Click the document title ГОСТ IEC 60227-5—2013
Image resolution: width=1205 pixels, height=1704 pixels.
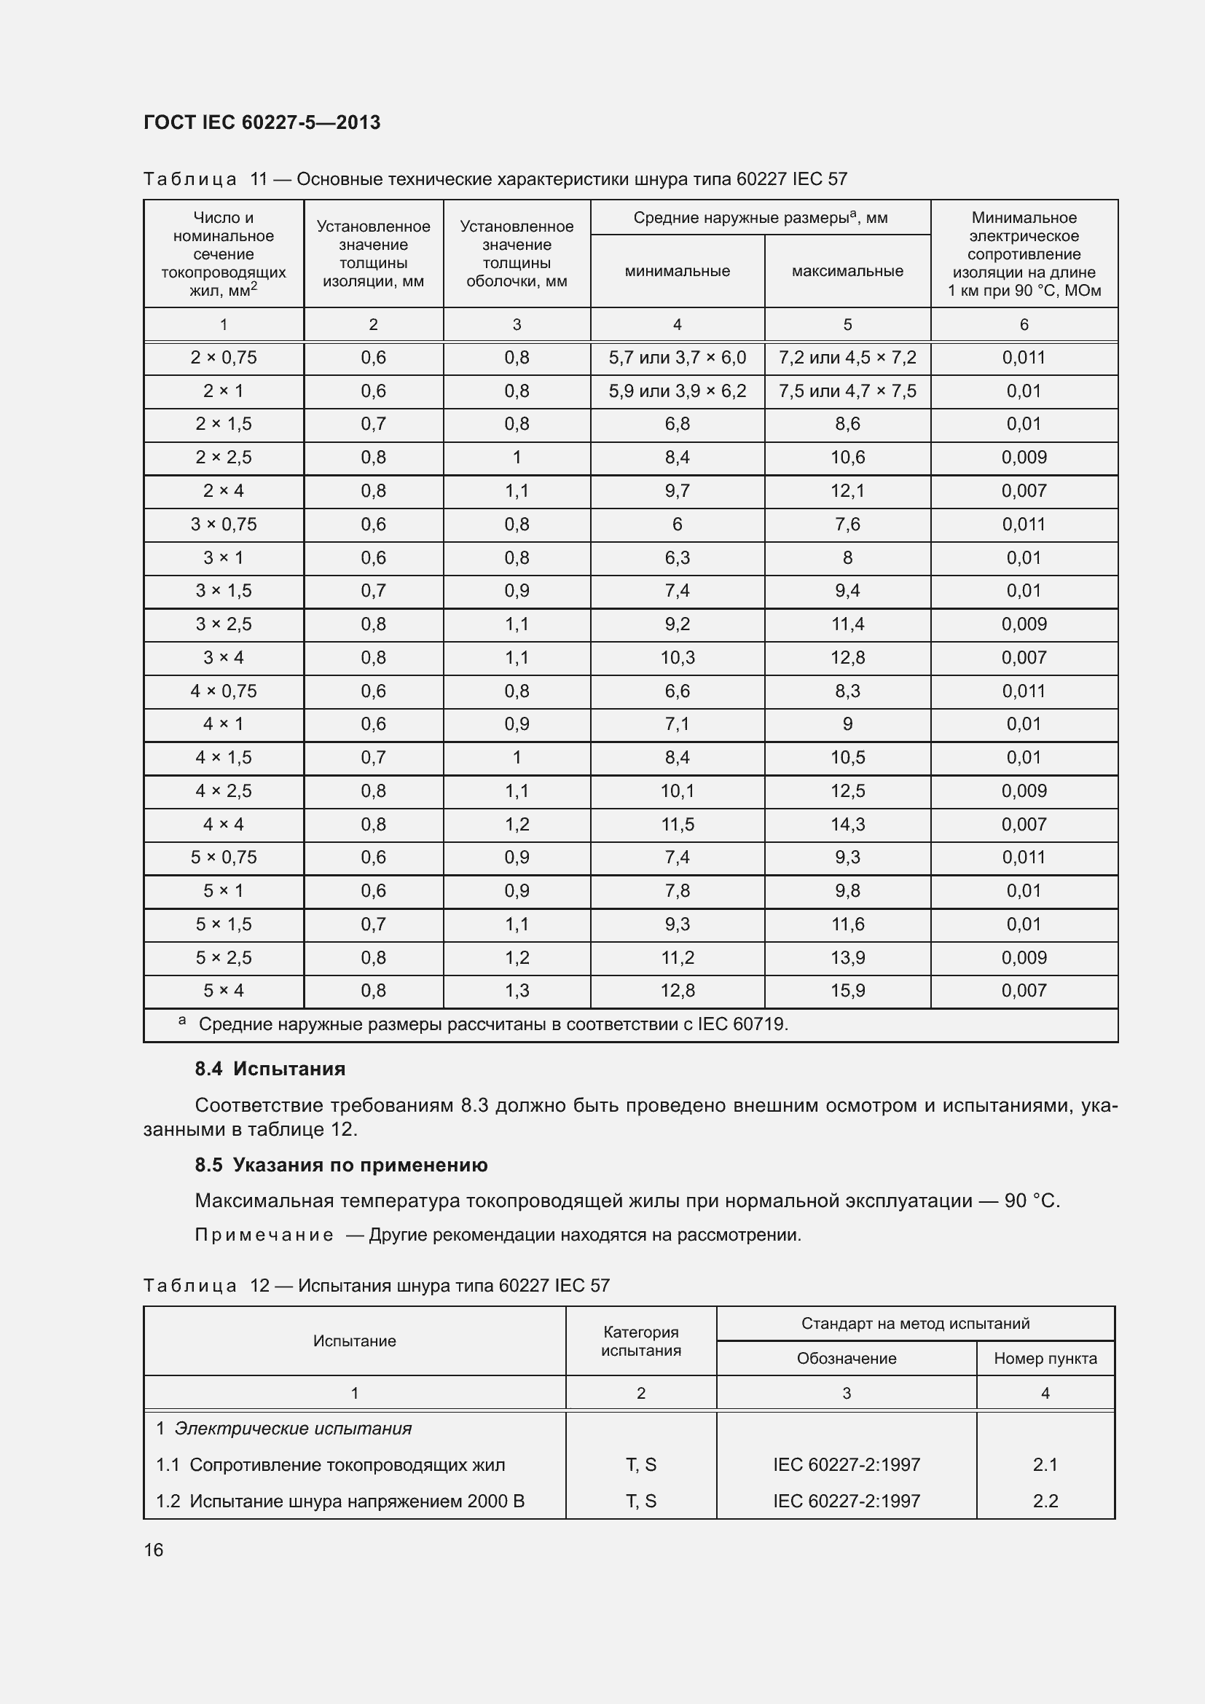pyautogui.click(x=262, y=122)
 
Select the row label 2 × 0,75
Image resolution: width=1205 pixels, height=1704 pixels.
pyautogui.click(x=224, y=358)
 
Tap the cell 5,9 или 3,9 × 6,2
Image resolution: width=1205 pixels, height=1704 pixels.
pyautogui.click(x=677, y=391)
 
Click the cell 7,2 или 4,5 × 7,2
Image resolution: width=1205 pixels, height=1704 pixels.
pyautogui.click(x=847, y=358)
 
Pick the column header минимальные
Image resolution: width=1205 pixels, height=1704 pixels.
pyautogui.click(x=677, y=271)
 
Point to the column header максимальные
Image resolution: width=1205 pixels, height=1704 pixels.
pyautogui.click(x=847, y=271)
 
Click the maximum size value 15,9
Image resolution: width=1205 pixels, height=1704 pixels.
pyautogui.click(x=847, y=990)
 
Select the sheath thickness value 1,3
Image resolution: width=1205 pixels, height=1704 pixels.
pyautogui.click(x=517, y=990)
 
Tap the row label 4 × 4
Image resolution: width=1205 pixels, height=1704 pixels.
pyautogui.click(x=224, y=824)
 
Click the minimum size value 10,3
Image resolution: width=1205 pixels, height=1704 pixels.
pyautogui.click(x=677, y=658)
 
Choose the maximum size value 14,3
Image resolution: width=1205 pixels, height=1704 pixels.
pyautogui.click(x=847, y=824)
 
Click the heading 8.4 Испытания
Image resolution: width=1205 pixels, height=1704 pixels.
pyautogui.click(x=270, y=1069)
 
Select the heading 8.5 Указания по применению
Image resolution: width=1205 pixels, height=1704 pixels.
pyautogui.click(x=341, y=1164)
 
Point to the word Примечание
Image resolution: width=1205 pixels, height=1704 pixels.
pyautogui.click(x=264, y=1234)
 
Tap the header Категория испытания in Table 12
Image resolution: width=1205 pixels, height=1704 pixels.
pyautogui.click(x=640, y=1340)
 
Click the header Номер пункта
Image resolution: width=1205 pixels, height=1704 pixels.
pyautogui.click(x=1045, y=1358)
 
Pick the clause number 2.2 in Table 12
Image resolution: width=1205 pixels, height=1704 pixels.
pyautogui.click(x=1045, y=1501)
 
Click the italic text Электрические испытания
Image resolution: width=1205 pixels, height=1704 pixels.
pyautogui.click(x=293, y=1429)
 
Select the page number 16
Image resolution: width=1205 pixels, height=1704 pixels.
pyautogui.click(x=154, y=1550)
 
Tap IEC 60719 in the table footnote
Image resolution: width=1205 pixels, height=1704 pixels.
pyautogui.click(x=741, y=1024)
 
